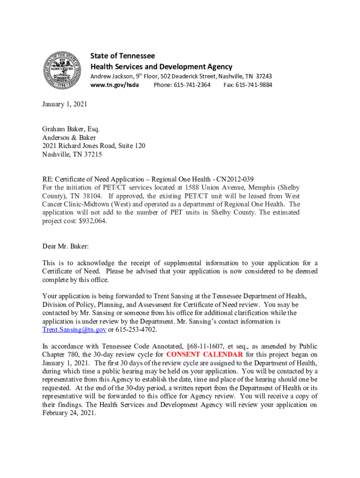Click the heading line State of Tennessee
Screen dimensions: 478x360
[122, 56]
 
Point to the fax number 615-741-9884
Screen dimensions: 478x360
[254, 85]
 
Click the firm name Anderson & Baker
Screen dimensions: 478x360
[69, 138]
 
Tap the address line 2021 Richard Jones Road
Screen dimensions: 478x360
[94, 146]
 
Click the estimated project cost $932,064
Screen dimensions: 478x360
[93, 221]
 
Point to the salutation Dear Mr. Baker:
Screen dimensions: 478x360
[65, 246]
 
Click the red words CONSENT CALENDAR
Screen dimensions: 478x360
[204, 354]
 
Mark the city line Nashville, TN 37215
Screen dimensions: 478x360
[72, 155]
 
